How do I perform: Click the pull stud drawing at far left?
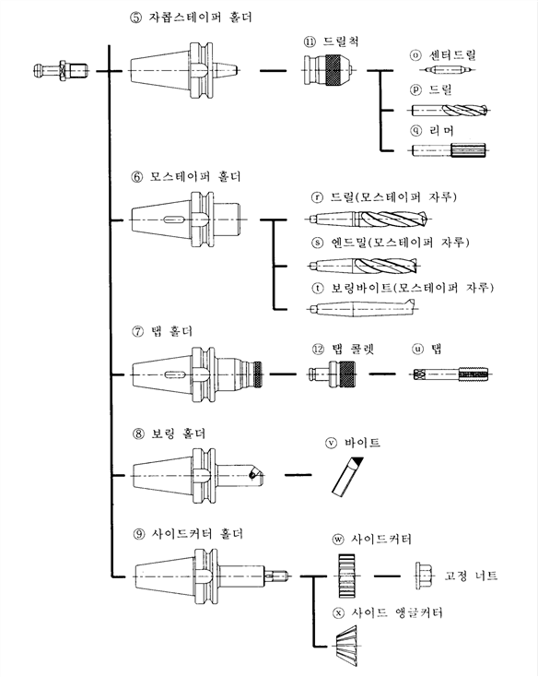(x=61, y=69)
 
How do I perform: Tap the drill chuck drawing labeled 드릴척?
(x=329, y=69)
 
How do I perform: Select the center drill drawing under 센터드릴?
(x=450, y=69)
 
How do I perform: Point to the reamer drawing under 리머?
(x=449, y=150)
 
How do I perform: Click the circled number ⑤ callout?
(x=135, y=18)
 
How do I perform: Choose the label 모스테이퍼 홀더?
(x=195, y=176)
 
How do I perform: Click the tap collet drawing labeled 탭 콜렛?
(x=333, y=374)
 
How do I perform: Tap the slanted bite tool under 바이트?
(x=347, y=475)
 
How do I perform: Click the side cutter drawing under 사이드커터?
(x=346, y=576)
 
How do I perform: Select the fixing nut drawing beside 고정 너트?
(x=424, y=576)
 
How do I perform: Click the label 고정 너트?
(x=471, y=576)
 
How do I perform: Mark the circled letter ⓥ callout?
(x=331, y=443)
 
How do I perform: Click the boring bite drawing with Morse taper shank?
(x=362, y=308)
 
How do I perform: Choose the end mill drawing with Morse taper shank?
(x=363, y=266)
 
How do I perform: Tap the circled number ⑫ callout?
(x=318, y=349)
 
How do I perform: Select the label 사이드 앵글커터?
(x=397, y=612)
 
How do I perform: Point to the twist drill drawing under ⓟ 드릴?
(x=450, y=110)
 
